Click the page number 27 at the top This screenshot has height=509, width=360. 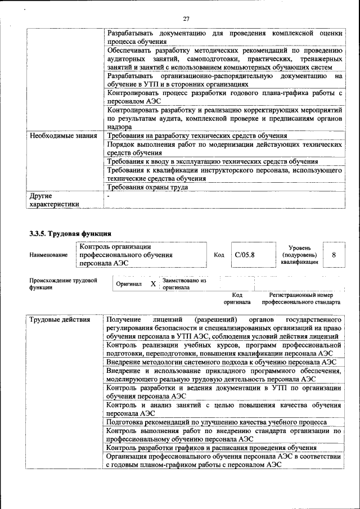pyautogui.click(x=186, y=20)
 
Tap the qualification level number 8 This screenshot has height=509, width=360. pyautogui.click(x=334, y=255)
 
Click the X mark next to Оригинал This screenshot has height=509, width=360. pyautogui.click(x=153, y=284)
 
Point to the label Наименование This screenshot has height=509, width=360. pyautogui.click(x=48, y=255)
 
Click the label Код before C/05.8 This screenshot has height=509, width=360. pyautogui.click(x=219, y=255)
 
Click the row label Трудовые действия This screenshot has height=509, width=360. pyautogui.click(x=60, y=320)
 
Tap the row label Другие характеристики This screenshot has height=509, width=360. pyautogui.click(x=54, y=200)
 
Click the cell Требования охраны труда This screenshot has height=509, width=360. pyautogui.click(x=147, y=187)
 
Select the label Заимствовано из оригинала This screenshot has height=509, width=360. pyautogui.click(x=184, y=283)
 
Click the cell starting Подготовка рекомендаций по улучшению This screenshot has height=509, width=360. pyautogui.click(x=216, y=422)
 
